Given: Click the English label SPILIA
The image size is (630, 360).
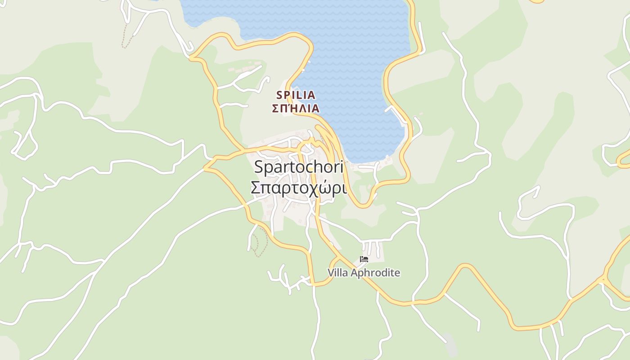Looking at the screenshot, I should coord(296,95).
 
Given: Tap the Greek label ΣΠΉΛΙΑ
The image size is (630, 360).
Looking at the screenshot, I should coord(296,108).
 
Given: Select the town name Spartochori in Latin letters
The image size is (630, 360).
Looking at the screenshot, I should coord(298,167).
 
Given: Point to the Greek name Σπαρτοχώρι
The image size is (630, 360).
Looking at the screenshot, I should coord(298,188).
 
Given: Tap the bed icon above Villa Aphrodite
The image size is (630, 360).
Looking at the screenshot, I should coord(364,259).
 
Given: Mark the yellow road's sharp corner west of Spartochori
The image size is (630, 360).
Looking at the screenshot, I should coord(205,167).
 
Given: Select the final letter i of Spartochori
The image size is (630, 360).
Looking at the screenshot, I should coord(341,167).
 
